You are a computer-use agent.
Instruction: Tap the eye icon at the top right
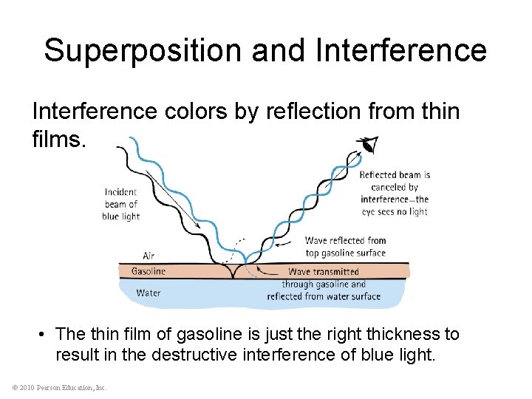click(366, 146)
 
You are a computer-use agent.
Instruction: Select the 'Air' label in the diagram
click(148, 256)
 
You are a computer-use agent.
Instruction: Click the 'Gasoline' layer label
click(148, 271)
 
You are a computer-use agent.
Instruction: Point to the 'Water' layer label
click(148, 293)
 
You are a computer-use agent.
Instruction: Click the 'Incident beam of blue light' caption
click(120, 204)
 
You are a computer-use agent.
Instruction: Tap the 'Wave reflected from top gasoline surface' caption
click(345, 246)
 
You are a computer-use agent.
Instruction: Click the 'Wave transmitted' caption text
click(323, 272)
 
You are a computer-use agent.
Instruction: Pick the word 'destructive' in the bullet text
click(192, 355)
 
